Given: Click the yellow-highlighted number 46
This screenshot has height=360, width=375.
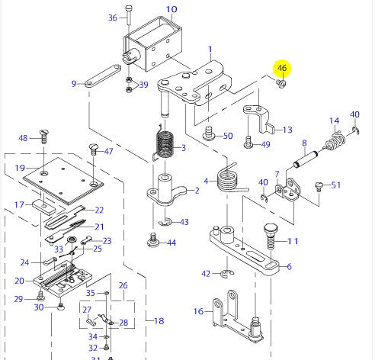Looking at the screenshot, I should point(283,69).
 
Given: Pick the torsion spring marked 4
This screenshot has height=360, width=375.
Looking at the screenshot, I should point(227,180).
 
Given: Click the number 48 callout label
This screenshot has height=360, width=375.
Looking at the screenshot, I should point(23,138).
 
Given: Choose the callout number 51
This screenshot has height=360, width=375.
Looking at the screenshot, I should point(336,185).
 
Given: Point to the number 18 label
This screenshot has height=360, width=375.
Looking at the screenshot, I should point(159,321).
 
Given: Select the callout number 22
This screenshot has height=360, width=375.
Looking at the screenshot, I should point(98,210).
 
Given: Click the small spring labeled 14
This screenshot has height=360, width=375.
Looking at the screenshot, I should point(334,140).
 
